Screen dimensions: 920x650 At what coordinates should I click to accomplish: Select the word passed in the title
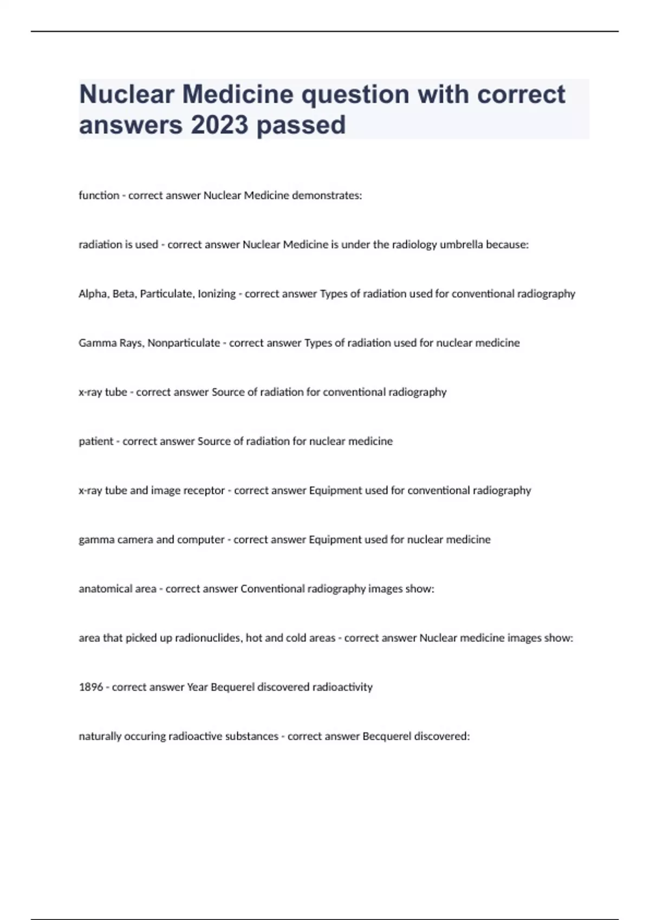click(x=301, y=125)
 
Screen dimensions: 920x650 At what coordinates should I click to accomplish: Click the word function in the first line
click(x=99, y=195)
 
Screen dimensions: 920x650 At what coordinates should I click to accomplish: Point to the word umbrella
click(x=461, y=245)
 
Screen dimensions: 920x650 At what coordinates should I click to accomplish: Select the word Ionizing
click(x=217, y=294)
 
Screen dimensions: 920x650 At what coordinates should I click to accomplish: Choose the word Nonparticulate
click(x=184, y=343)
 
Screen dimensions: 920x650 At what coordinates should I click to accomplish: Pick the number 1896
click(x=90, y=687)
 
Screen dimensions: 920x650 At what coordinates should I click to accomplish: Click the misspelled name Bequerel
click(x=232, y=687)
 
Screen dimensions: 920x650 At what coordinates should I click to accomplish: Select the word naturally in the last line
click(x=100, y=737)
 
